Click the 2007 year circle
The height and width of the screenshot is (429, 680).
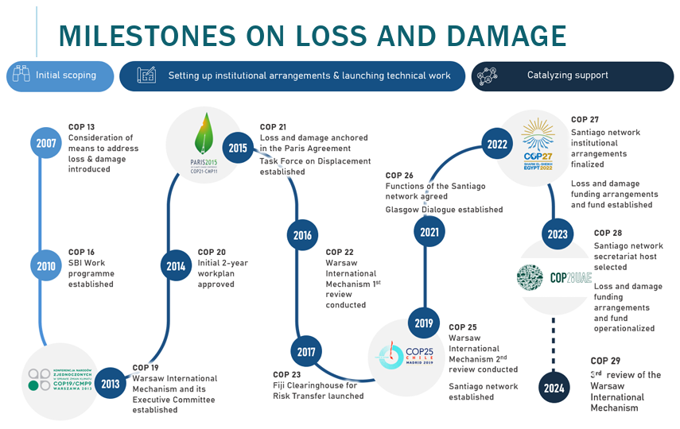(45, 144)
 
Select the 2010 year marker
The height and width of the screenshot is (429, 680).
(45, 266)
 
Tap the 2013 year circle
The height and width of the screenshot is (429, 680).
(110, 384)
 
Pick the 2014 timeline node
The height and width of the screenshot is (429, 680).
(176, 266)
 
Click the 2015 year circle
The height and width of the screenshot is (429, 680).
(237, 147)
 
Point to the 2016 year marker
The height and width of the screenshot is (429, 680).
(302, 235)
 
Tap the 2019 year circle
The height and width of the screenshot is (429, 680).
(424, 323)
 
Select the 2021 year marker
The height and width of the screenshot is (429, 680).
(428, 232)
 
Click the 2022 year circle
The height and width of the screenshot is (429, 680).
(496, 145)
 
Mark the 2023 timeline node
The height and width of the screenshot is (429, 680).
(558, 234)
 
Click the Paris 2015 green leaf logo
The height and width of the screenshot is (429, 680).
(199, 143)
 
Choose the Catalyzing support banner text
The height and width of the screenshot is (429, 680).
(567, 75)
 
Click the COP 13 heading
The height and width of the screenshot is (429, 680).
(81, 127)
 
